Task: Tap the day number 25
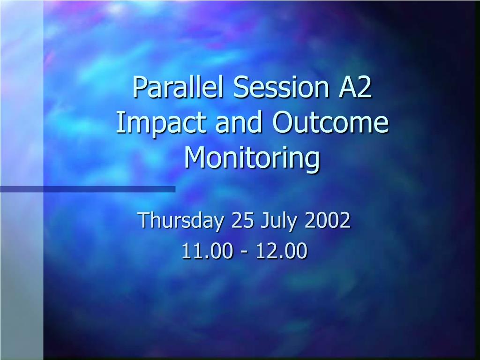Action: [243, 220]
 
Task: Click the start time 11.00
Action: [207, 251]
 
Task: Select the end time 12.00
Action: [282, 251]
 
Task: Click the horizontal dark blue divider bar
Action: [88, 189]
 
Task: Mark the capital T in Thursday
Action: [144, 220]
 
